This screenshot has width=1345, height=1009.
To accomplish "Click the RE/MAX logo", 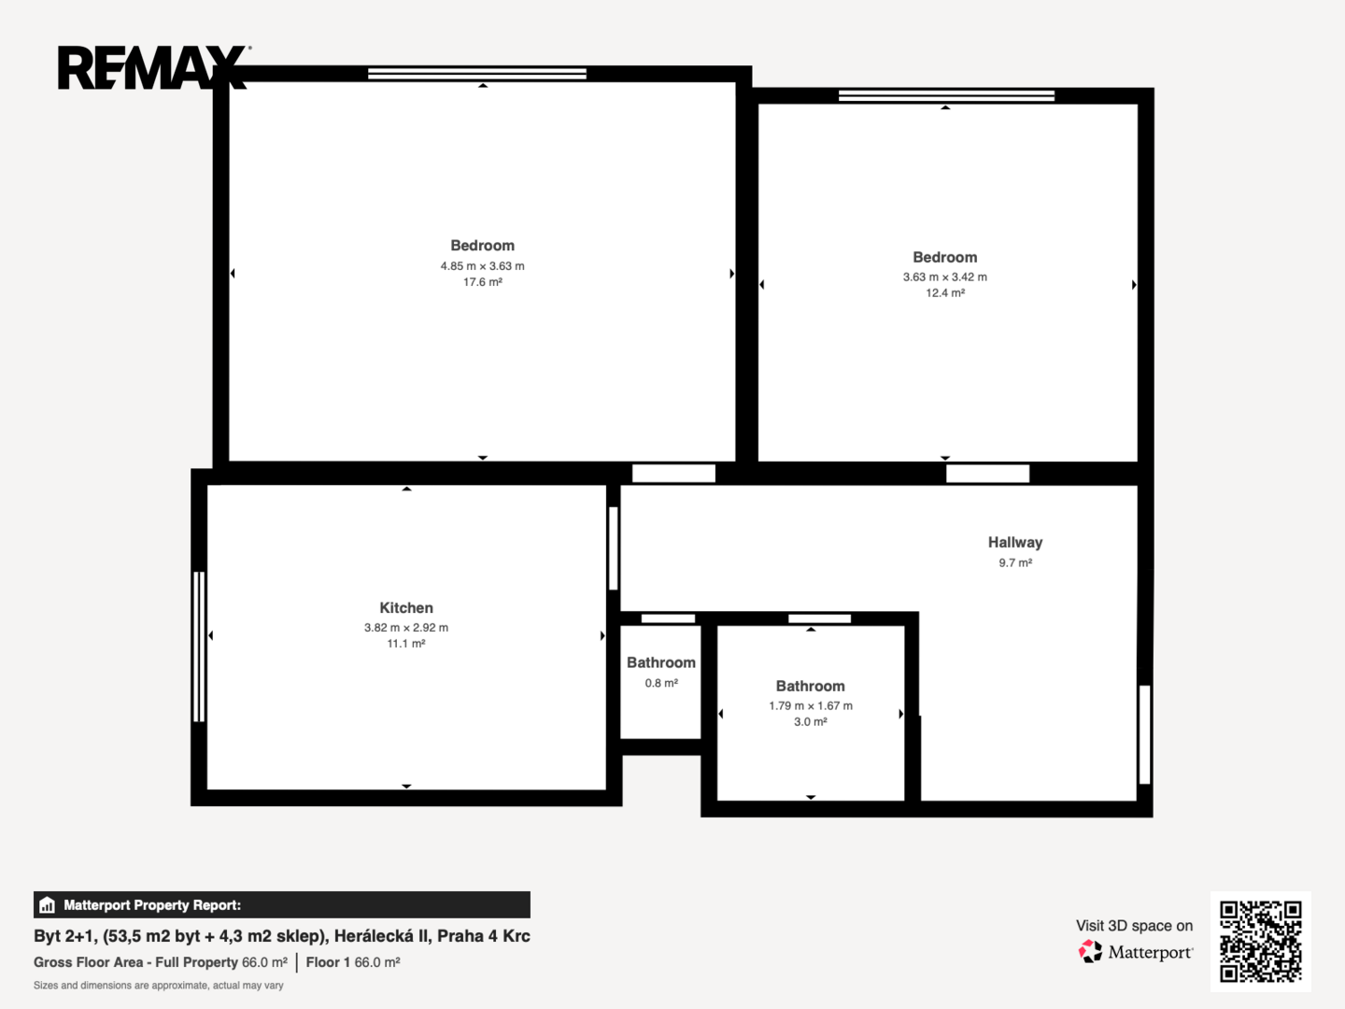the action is click(154, 67).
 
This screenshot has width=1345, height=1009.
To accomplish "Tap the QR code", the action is click(1260, 941).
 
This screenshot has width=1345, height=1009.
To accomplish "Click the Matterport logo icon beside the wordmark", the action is click(1090, 951).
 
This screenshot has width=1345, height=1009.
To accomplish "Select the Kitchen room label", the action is click(406, 607).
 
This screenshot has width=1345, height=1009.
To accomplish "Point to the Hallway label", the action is click(1015, 542).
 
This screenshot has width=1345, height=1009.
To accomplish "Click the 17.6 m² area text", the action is click(483, 282).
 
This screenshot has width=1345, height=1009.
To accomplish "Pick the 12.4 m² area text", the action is click(945, 292).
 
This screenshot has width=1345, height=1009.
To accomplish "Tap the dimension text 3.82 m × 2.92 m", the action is click(406, 627).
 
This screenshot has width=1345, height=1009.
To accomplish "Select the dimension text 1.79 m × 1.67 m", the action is click(811, 705).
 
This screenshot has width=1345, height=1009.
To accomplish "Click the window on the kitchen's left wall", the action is click(199, 647).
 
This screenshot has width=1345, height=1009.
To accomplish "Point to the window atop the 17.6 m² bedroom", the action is click(476, 74).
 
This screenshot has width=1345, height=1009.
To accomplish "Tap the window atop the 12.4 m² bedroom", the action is click(946, 95).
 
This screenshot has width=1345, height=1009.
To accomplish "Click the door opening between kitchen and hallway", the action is click(613, 548).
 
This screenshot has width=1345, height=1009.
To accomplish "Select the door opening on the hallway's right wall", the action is click(1144, 734).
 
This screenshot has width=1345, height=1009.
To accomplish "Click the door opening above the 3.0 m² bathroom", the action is click(819, 618).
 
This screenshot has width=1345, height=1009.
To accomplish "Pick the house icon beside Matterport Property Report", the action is click(48, 905).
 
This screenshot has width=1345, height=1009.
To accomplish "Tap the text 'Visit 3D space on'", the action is click(1134, 926).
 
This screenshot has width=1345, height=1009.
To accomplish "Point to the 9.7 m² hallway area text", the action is click(1015, 562).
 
